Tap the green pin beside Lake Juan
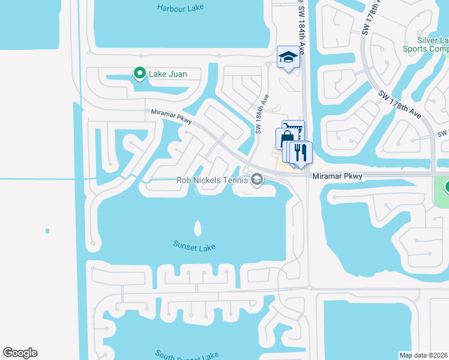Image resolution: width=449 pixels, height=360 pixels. tap(140, 73)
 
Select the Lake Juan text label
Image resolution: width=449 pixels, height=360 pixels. tap(168, 74)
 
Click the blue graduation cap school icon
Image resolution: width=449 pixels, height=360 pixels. tap(288, 58)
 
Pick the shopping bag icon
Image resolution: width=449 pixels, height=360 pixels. tap(283, 139)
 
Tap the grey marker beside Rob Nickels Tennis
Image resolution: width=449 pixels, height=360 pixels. tap(257, 179)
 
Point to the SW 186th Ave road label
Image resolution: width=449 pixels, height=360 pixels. tap(261, 114)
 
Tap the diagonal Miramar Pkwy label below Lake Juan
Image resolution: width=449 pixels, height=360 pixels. tap(170, 116)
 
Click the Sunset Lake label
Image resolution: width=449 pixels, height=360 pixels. tap(194, 247)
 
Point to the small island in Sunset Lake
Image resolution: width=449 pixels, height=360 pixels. tap(197, 229)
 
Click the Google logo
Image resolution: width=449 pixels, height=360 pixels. tap(20, 353)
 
